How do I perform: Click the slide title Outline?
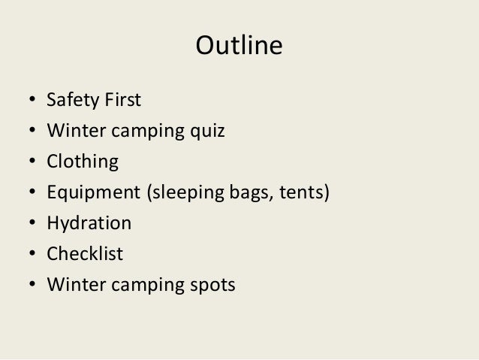coord(239,47)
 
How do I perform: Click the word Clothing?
coord(83,162)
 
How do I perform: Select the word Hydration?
coord(89,224)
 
